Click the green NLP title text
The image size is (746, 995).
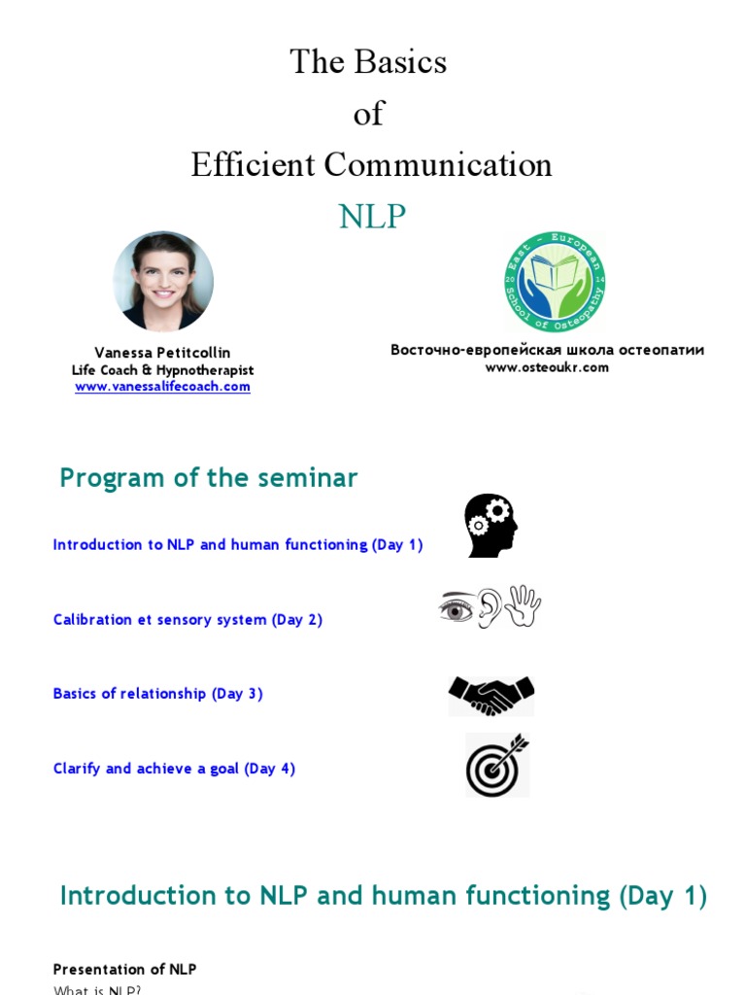click(372, 217)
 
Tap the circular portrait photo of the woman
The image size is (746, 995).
click(163, 282)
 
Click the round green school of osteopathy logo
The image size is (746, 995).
click(555, 283)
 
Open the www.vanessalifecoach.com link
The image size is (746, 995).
click(162, 387)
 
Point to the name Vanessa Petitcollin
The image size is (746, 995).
click(162, 353)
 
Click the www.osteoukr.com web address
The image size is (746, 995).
click(547, 367)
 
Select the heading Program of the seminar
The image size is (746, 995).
click(209, 478)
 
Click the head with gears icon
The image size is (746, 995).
click(491, 526)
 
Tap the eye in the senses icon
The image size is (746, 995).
click(457, 608)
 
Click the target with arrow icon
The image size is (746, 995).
click(496, 765)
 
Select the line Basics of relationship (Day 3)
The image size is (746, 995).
click(158, 694)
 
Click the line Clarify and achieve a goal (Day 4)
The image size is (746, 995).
click(174, 769)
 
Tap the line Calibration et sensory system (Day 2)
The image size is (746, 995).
click(187, 620)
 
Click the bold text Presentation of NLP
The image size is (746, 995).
click(124, 970)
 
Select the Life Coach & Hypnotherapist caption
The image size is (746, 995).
click(162, 370)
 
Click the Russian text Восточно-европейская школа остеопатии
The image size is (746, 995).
click(547, 350)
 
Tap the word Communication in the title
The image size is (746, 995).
click(438, 165)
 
